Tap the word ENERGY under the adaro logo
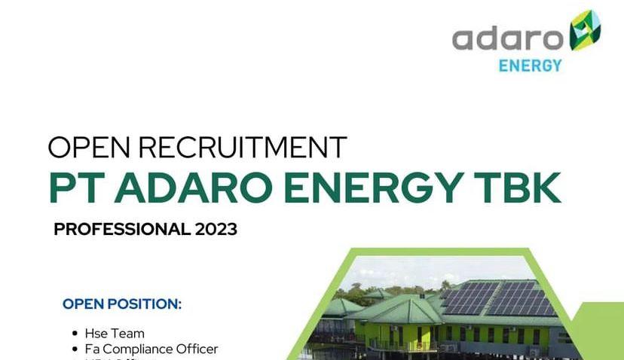coord(530,66)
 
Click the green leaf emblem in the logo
coord(585,31)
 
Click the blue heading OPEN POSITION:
coord(122,304)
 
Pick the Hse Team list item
coord(112,333)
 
